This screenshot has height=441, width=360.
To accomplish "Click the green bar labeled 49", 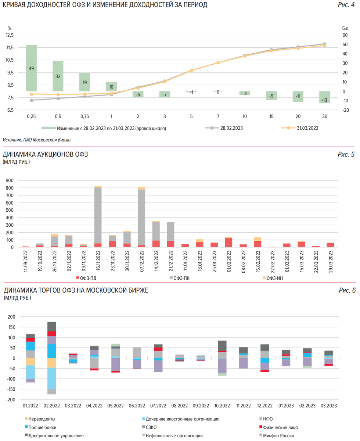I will pos(31,68).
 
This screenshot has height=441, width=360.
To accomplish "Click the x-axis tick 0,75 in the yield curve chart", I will pos(84,116).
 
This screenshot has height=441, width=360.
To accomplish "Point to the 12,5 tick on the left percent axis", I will pos(10,35).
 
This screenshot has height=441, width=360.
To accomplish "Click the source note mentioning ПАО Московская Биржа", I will pos(37,140).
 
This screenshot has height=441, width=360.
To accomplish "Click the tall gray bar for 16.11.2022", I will pos(98,215).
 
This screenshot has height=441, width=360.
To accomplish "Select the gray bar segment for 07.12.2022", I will pos(141,217).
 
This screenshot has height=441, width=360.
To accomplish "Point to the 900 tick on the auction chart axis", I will pos(9,180).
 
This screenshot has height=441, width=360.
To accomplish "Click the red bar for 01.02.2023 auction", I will pos(228,243).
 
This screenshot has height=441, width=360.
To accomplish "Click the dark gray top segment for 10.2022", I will pos(222,346).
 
